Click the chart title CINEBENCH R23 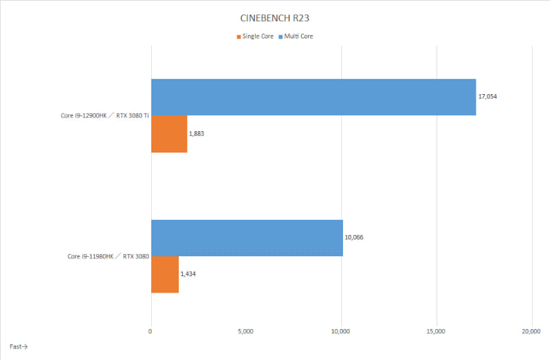[275, 19]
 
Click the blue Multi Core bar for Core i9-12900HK [313, 97]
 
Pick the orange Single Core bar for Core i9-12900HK [168, 133]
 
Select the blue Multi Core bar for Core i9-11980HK [246, 238]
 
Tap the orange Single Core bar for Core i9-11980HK [164, 274]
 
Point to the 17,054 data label [487, 97]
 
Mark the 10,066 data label [355, 238]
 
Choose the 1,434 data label [188, 274]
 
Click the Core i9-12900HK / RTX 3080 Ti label [103, 115]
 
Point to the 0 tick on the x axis [151, 331]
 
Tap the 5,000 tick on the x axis [246, 331]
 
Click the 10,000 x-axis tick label [341, 331]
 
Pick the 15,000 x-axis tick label [437, 331]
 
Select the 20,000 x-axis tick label [531, 331]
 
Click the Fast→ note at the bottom [19, 346]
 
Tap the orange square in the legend [239, 36]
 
